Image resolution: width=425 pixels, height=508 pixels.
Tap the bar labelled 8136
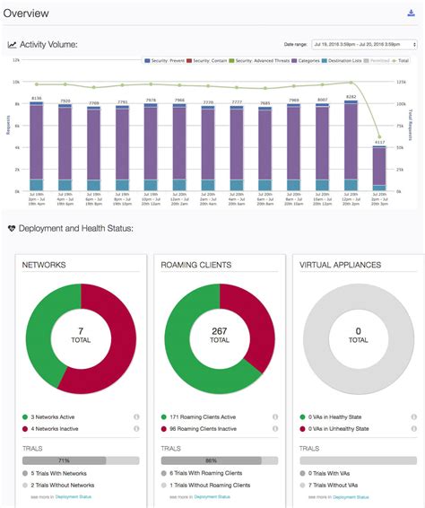pos(37,144)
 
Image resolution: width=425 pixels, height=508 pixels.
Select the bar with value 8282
pos(351,144)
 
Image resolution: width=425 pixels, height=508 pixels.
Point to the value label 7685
pos(265,102)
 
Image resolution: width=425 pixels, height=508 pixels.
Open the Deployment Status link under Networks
pos(74,495)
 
